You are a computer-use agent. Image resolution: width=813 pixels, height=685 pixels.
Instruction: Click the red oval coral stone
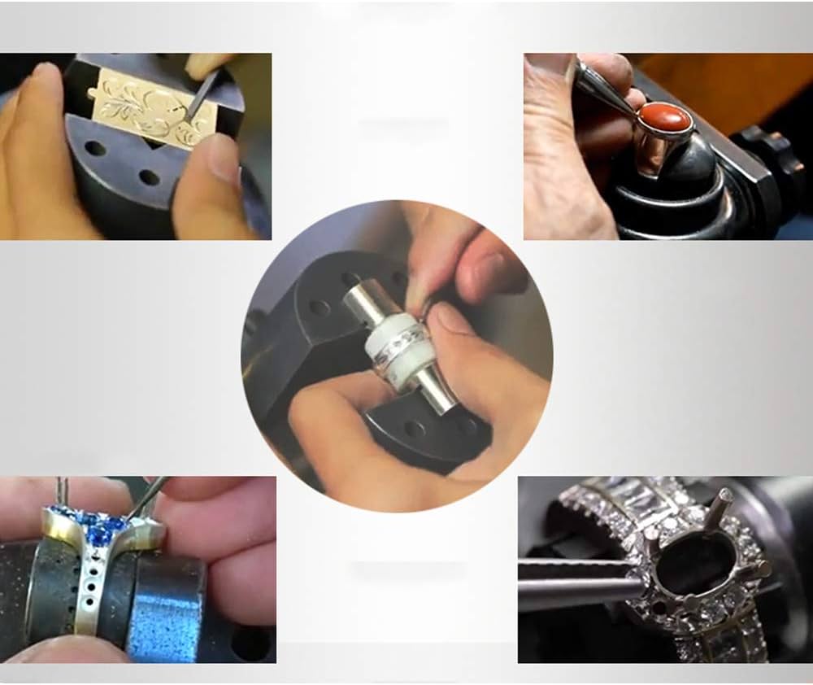(665, 120)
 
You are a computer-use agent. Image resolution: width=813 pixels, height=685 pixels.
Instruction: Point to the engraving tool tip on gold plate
(189, 120)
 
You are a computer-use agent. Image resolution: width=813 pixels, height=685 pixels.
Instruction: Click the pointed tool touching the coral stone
(606, 89)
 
